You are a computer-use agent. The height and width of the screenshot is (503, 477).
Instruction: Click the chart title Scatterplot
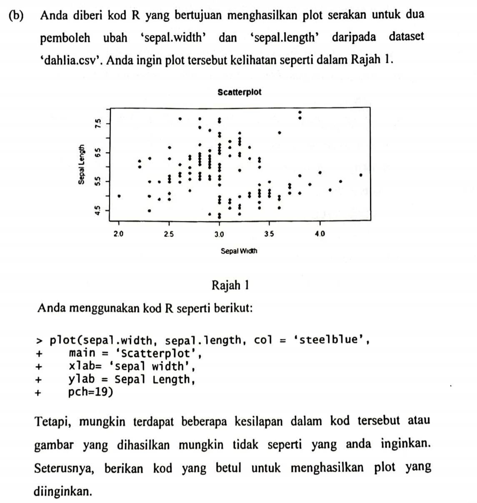[240, 92]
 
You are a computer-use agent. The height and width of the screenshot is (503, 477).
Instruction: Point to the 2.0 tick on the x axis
[119, 234]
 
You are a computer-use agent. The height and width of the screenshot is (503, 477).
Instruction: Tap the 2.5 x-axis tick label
[169, 234]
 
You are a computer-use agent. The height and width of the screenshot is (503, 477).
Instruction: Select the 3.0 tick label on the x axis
[219, 234]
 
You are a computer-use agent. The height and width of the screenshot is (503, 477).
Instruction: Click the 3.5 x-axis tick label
[269, 234]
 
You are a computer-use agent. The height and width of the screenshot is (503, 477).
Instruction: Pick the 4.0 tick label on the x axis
[320, 234]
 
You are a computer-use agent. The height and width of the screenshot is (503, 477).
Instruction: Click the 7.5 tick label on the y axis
[97, 123]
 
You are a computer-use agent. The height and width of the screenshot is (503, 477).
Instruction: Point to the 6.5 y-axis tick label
[97, 152]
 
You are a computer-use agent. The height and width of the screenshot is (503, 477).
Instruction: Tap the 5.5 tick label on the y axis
[97, 181]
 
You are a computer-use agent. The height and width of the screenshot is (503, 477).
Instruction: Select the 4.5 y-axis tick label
[97, 210]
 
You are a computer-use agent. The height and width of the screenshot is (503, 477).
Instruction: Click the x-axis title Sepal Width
[239, 251]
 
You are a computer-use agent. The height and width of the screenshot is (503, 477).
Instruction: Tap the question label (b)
[16, 15]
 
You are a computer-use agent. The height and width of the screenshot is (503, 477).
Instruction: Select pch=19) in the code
[90, 393]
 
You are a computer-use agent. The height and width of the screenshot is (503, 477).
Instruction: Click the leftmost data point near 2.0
[120, 196]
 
